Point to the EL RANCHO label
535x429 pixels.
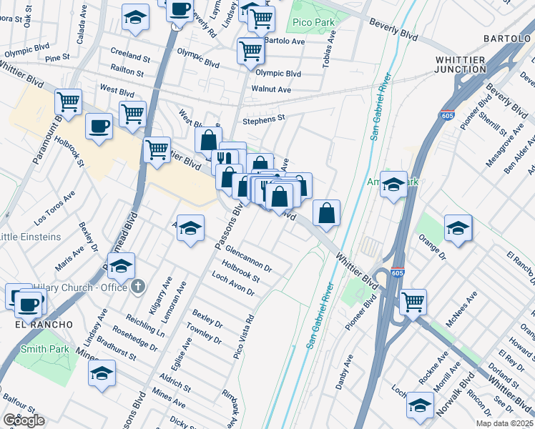point(44,324)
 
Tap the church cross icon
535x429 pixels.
point(139,287)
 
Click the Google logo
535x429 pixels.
point(24,420)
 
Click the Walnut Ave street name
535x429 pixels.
point(271,89)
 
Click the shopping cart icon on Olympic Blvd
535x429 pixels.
point(250,50)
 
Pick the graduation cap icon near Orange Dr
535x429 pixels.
point(458,227)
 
